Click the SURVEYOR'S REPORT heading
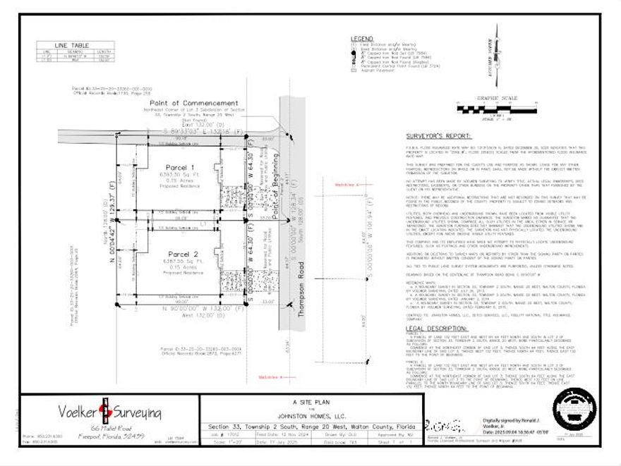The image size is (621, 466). (436, 138)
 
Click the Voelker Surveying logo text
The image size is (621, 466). (104, 412)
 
